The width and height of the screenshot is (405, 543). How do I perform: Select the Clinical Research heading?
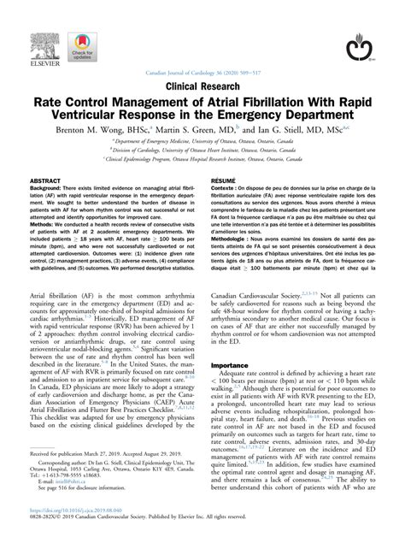pos(202,86)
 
